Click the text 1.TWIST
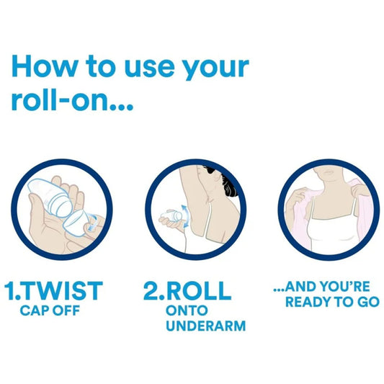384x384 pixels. click(53, 291)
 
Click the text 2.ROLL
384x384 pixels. click(187, 291)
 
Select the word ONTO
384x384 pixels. click(186, 311)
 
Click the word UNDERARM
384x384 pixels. click(205, 326)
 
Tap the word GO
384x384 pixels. click(367, 302)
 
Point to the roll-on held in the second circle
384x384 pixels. click(170, 215)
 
